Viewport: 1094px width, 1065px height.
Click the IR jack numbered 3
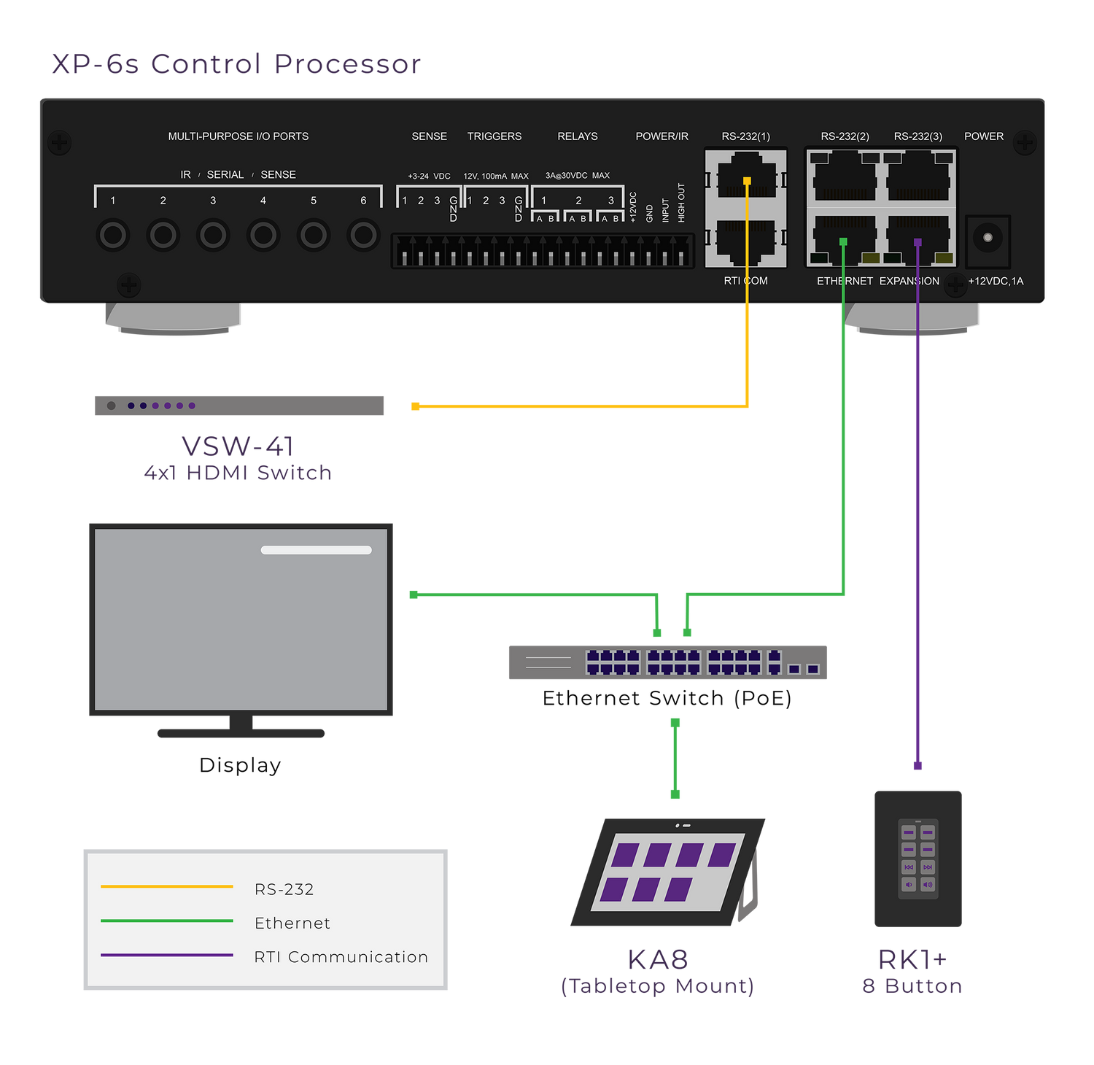point(213,235)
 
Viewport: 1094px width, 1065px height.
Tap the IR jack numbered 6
point(363,235)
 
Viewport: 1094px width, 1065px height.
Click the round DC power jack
point(988,238)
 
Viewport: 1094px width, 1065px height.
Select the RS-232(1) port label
point(745,136)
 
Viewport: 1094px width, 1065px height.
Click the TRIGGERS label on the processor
point(494,136)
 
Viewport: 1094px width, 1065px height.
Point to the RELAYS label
point(578,136)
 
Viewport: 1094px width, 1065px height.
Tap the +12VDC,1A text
point(996,281)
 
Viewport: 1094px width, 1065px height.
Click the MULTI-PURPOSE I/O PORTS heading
point(238,136)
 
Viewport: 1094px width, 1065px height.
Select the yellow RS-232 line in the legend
point(167,886)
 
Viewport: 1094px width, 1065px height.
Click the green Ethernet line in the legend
point(167,921)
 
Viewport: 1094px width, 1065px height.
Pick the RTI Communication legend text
point(341,957)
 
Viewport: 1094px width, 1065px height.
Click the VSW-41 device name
point(238,446)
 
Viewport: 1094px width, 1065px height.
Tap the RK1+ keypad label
point(912,960)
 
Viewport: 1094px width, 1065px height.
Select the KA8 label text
point(658,960)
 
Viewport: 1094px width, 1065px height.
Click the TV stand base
point(241,732)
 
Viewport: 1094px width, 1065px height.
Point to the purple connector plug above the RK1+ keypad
point(918,765)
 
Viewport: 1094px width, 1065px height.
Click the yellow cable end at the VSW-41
point(416,406)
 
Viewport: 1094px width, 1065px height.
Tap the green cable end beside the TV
point(414,595)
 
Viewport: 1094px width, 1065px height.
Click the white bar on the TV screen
point(317,550)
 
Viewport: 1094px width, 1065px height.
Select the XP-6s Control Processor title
point(236,64)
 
